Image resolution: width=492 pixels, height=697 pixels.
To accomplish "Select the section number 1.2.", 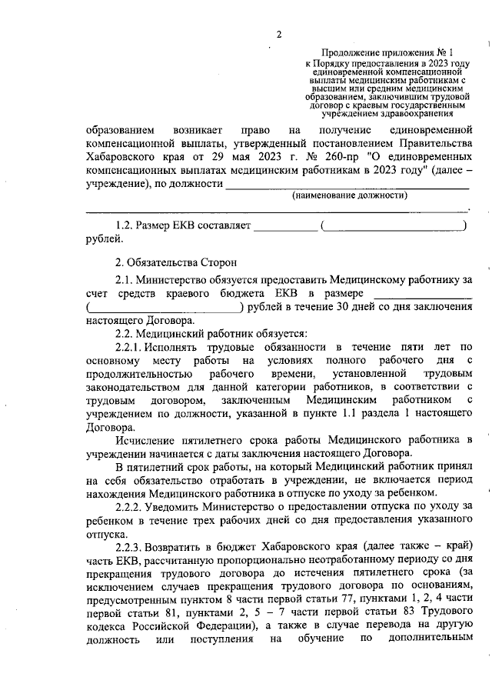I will (123, 226).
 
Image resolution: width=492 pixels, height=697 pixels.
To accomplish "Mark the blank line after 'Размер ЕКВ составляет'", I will (284, 226).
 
